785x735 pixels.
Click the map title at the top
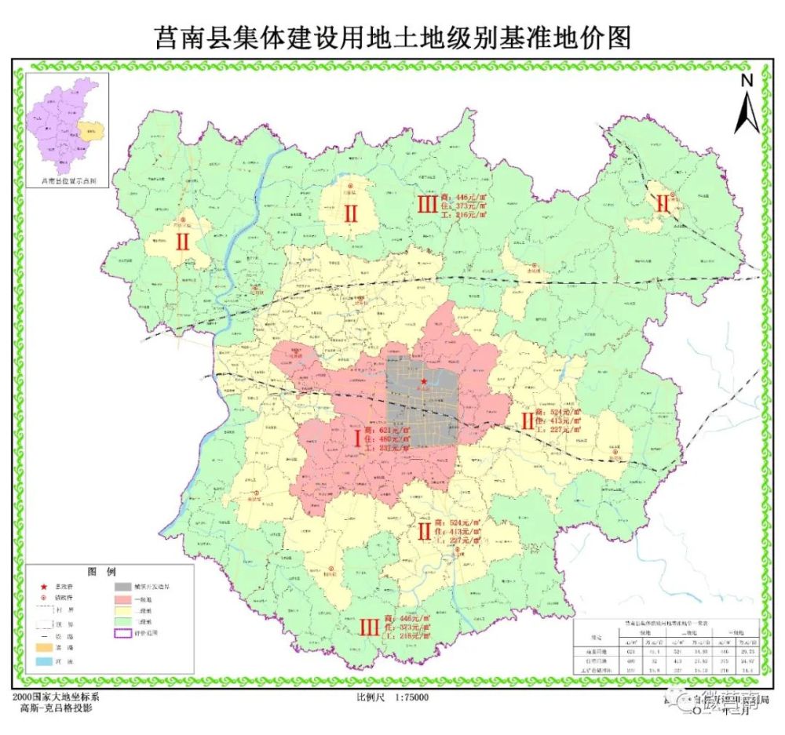point(392,35)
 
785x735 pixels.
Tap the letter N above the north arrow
point(747,79)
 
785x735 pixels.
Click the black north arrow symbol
point(746,110)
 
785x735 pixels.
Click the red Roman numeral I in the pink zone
point(358,438)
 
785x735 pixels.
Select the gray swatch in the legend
point(123,586)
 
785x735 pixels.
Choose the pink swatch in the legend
point(123,598)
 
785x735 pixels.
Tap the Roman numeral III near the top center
point(426,206)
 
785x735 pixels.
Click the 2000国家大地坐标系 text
point(57,697)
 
